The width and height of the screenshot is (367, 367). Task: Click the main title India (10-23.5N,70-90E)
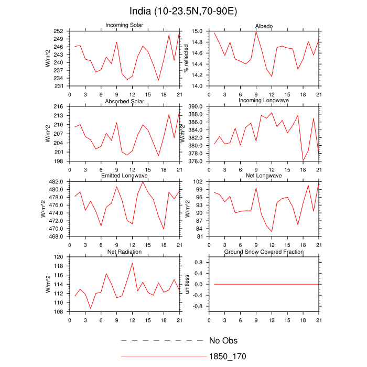183,11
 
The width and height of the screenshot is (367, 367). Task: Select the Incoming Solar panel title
124,25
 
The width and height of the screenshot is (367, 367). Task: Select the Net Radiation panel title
124,252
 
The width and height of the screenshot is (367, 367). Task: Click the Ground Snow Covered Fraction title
264,252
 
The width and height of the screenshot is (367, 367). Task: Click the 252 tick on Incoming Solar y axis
58,31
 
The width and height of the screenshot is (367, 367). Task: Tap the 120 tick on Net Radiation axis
58,257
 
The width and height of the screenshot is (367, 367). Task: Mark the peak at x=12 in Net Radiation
133,263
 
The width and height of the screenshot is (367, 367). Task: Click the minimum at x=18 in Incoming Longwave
303,161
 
